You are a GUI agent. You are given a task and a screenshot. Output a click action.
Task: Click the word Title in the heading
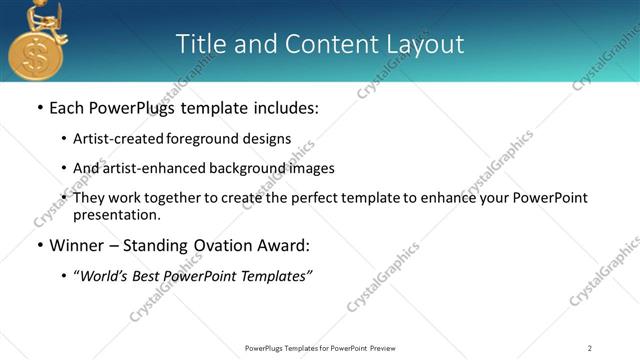(200, 44)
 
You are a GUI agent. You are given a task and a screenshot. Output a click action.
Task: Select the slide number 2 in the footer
(590, 348)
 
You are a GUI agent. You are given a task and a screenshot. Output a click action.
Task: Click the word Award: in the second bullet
(283, 245)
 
